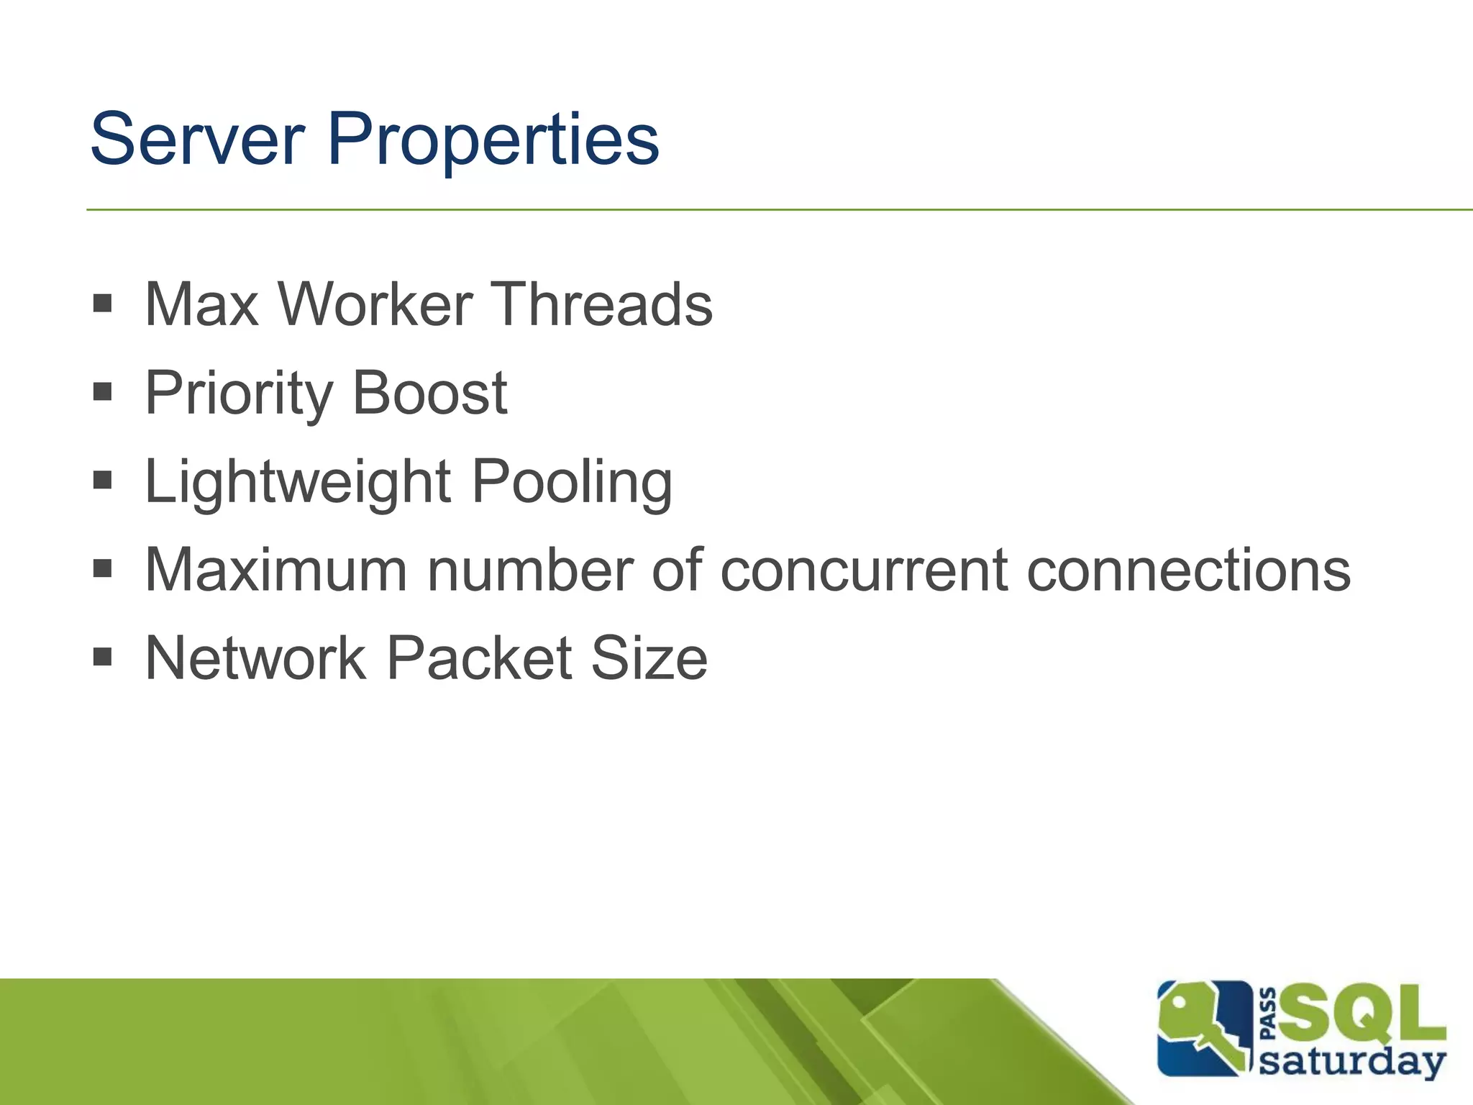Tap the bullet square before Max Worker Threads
click(x=103, y=303)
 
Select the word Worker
click(x=375, y=304)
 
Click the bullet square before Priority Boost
click(x=103, y=392)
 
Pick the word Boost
click(x=429, y=394)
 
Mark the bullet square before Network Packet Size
click(x=103, y=656)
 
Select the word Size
click(x=649, y=658)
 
